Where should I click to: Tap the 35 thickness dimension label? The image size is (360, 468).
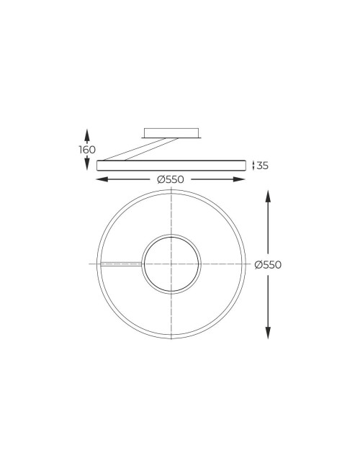pos(262,166)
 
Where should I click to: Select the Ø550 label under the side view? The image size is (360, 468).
pos(171,179)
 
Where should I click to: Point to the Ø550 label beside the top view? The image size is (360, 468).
pos(268,264)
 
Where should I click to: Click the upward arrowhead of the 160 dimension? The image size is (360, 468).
pos(87,134)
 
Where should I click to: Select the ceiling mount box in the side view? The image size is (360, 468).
pos(171,132)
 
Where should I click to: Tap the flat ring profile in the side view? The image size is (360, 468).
pos(171,165)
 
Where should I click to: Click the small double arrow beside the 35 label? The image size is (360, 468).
pos(253,166)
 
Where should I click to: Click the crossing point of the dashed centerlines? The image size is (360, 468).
pos(171,264)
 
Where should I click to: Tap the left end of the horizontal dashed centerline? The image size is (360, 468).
pos(91,264)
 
